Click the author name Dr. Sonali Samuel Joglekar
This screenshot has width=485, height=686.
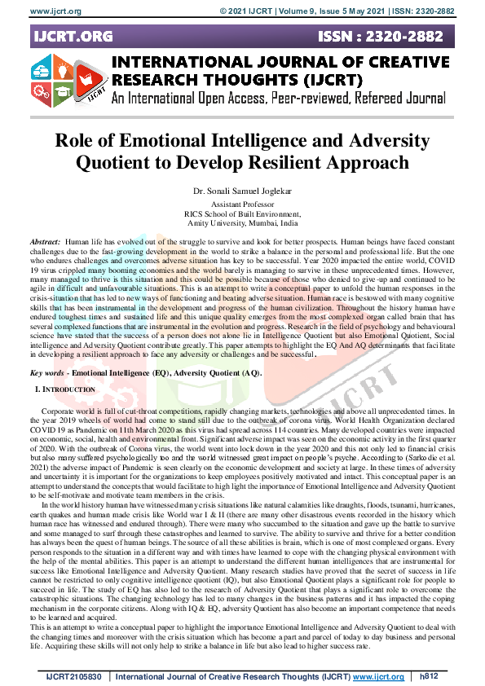242,191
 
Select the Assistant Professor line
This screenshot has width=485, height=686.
242,204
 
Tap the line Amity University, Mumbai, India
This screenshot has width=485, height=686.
242,222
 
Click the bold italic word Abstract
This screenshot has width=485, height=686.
44,243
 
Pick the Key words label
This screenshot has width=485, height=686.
47,372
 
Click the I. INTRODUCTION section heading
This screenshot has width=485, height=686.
64,390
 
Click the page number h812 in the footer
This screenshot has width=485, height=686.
428,676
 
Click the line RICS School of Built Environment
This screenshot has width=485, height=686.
242,213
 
